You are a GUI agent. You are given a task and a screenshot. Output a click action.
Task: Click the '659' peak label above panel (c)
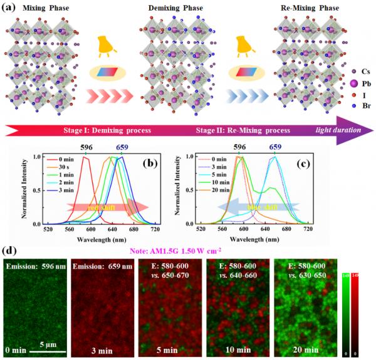(x=274, y=150)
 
